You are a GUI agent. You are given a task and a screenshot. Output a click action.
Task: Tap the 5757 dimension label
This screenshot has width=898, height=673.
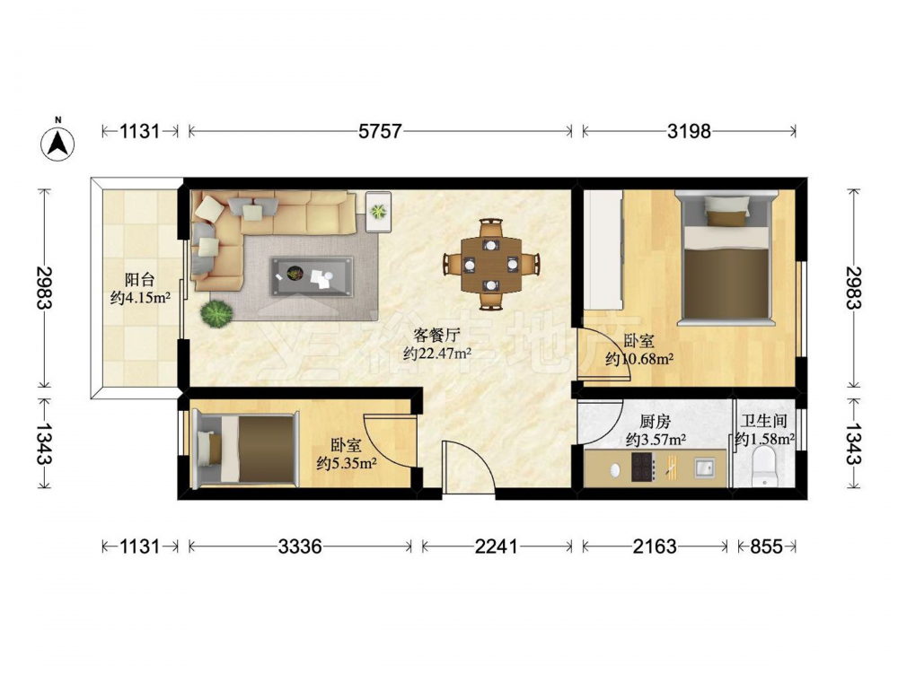tap(380, 132)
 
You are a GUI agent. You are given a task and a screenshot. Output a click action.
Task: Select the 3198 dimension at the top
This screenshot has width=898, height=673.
tap(689, 132)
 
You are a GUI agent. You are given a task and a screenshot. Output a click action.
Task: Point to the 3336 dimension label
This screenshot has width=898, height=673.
tap(300, 546)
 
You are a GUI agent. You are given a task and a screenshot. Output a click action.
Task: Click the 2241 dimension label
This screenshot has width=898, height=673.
tap(496, 546)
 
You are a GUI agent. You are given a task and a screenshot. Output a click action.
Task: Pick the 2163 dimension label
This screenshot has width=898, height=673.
tap(655, 546)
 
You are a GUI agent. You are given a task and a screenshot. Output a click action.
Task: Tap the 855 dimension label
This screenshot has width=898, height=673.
tap(766, 546)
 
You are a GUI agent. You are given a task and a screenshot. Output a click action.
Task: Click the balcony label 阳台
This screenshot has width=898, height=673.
tap(140, 280)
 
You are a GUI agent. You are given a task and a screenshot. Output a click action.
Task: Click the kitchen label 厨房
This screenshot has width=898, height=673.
tap(656, 422)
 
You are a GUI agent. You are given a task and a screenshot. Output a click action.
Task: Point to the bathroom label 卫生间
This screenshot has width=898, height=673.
tap(764, 421)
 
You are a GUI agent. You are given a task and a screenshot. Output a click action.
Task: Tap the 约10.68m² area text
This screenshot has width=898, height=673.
tap(639, 360)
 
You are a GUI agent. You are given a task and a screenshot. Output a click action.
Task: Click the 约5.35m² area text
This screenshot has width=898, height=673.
tap(347, 463)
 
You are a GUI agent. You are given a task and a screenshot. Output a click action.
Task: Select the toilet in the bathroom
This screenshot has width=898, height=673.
tap(763, 466)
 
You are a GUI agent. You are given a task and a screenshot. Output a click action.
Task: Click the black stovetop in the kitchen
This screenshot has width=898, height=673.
tap(643, 467)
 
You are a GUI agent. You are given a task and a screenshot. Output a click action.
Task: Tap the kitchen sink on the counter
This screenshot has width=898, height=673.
tap(704, 468)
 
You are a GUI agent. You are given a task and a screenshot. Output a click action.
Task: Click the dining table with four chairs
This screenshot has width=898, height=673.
tap(491, 264)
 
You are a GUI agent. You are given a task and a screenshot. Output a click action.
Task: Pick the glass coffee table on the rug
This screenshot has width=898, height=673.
tap(313, 277)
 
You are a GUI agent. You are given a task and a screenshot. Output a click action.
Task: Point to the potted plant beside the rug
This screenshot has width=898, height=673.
tap(216, 314)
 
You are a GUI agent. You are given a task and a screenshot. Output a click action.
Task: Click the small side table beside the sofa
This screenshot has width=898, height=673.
tap(379, 212)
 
